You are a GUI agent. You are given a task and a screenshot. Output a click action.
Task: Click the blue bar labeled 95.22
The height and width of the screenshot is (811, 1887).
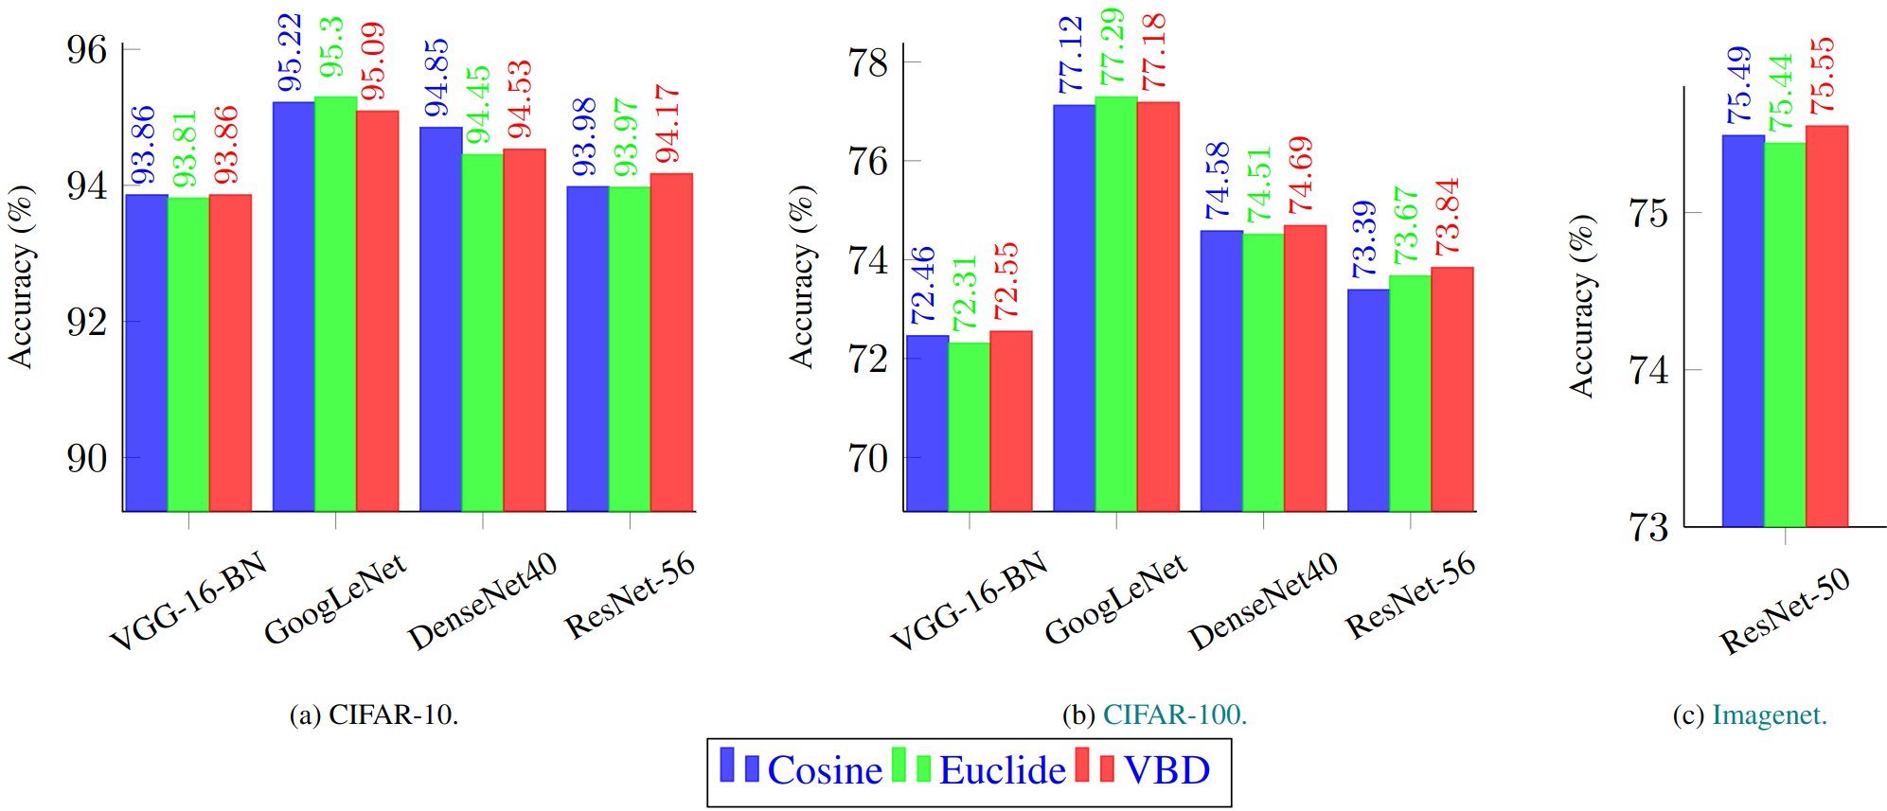coord(294,307)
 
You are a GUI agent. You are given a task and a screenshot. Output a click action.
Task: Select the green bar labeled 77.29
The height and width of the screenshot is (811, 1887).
coord(1116,304)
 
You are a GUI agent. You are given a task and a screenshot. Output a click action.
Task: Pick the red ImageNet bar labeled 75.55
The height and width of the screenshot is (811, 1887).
coord(1826,326)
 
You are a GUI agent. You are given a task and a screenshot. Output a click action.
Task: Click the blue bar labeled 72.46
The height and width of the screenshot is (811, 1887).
coord(927,423)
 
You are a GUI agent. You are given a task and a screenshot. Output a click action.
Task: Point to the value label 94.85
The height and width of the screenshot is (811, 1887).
coord(436,79)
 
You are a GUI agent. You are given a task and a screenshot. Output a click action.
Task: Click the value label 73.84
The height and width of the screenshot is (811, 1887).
coord(1448,218)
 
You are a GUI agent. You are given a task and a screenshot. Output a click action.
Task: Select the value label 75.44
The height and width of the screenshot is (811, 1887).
coord(1781,93)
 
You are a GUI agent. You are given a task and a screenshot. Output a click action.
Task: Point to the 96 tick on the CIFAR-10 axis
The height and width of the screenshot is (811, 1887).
coord(87,50)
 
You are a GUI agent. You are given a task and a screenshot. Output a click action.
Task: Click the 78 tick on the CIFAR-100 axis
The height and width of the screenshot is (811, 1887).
coord(868,63)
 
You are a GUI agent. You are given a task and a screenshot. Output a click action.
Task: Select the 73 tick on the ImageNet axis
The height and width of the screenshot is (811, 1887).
coord(1648,527)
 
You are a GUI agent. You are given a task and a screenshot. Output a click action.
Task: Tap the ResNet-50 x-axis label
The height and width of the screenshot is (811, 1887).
coord(1784,612)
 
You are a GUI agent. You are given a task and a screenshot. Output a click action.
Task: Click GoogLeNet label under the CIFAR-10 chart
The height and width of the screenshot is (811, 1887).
coord(335,599)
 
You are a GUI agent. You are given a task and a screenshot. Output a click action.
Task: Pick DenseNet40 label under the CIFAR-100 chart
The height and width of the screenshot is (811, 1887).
coord(1263,601)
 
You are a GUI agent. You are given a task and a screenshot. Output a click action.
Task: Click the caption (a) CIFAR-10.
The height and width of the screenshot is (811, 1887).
coord(374,714)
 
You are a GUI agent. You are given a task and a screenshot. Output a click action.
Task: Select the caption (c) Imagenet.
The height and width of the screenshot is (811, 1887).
coord(1750,714)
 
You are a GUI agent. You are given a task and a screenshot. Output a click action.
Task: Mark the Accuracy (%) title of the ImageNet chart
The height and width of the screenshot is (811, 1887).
coord(1582,306)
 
